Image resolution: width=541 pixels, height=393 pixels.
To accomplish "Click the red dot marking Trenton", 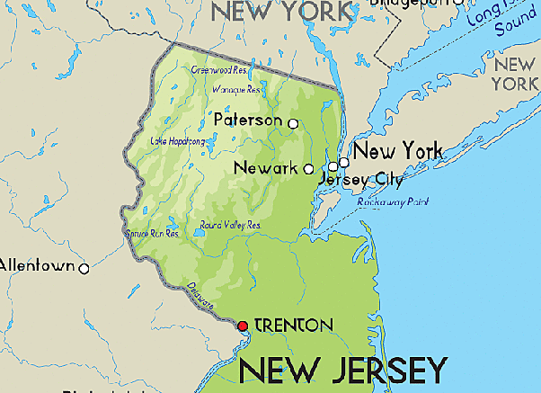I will click(x=242, y=326).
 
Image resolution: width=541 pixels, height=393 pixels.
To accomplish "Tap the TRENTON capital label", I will click(x=294, y=325).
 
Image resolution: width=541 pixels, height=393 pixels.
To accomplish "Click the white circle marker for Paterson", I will click(x=292, y=122).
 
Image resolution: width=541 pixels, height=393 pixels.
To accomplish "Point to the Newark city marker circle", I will click(x=309, y=168).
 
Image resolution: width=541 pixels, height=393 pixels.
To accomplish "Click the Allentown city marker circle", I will click(x=84, y=268).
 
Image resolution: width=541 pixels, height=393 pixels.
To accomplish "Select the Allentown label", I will click(x=38, y=266).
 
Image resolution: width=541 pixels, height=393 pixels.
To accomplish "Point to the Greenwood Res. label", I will click(x=219, y=69).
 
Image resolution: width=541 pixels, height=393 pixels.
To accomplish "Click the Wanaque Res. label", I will click(x=236, y=89).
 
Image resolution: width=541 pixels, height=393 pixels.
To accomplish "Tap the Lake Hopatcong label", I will click(x=178, y=141).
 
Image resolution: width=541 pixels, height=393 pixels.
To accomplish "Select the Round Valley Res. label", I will click(x=230, y=225).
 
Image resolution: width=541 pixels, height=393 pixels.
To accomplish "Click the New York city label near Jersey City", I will click(x=397, y=150).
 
